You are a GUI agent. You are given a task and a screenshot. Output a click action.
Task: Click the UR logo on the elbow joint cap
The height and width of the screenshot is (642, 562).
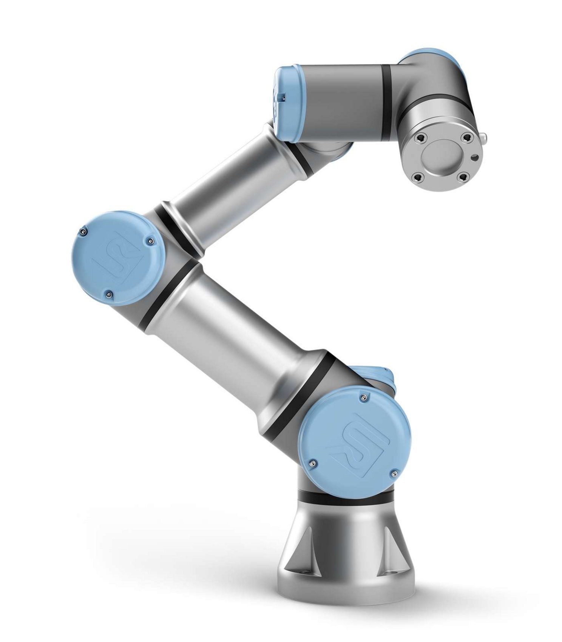click(120, 259)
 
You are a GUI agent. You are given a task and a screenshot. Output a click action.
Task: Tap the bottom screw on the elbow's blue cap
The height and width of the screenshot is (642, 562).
click(109, 295)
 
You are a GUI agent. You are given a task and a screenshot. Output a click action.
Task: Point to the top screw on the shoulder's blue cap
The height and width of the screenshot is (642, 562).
click(364, 397)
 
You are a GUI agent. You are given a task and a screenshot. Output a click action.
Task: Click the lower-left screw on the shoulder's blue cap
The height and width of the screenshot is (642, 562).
click(312, 463)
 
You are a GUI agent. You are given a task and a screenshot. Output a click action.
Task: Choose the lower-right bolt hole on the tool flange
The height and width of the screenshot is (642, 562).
click(463, 176)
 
